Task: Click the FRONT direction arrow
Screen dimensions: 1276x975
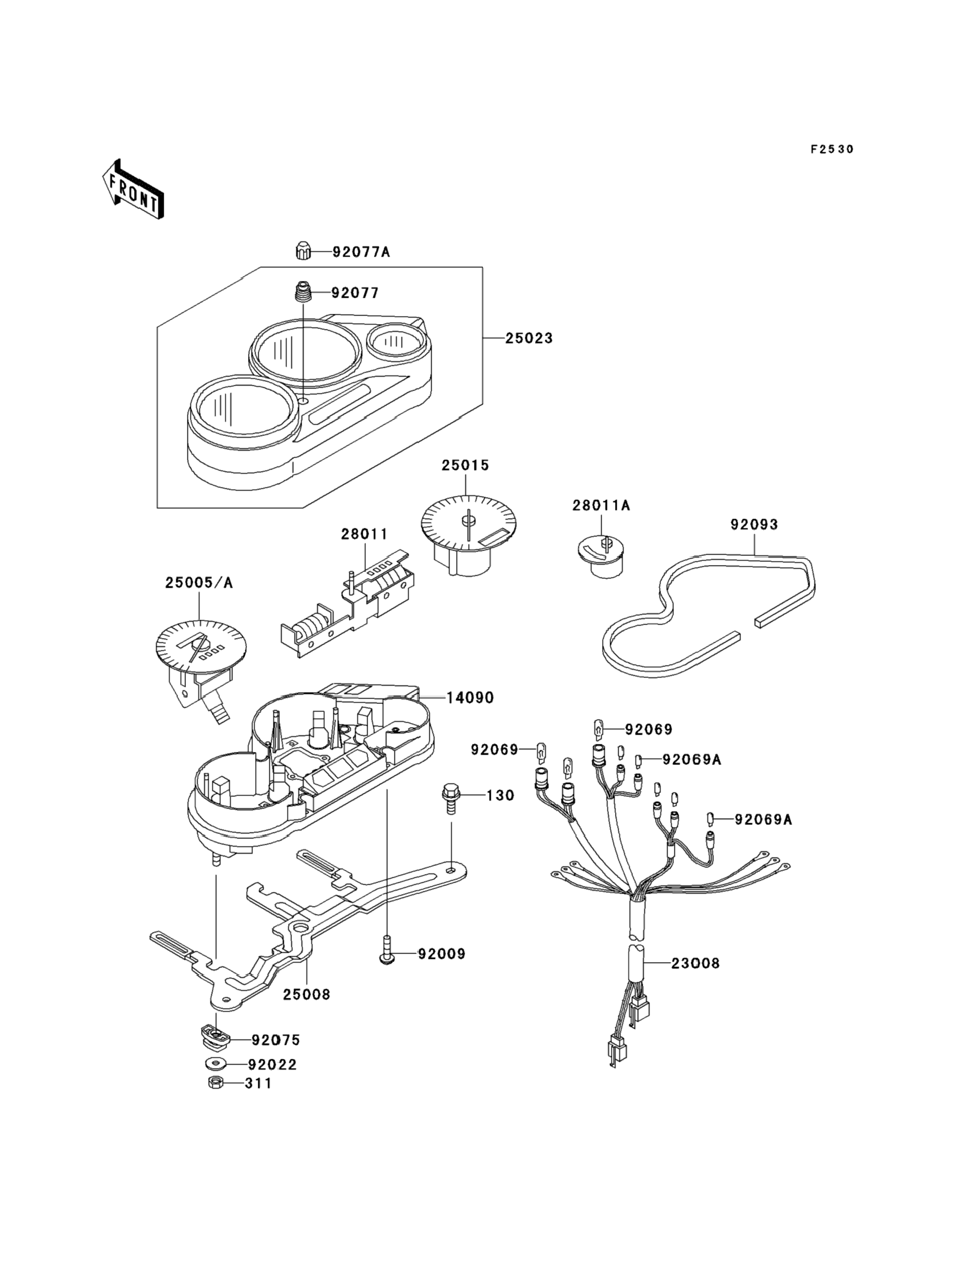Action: click(x=132, y=189)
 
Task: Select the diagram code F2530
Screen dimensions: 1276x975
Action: click(x=832, y=150)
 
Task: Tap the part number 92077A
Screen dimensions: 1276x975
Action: click(x=361, y=252)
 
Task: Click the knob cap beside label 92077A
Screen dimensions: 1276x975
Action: click(x=301, y=252)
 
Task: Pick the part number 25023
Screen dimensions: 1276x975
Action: click(x=529, y=338)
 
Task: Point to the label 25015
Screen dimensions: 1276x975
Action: click(x=465, y=465)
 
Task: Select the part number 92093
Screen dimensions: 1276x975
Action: click(x=754, y=525)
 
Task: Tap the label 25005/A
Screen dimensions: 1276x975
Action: click(x=198, y=583)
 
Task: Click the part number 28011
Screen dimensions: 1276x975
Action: click(x=364, y=534)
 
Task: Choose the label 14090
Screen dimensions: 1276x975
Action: click(x=470, y=698)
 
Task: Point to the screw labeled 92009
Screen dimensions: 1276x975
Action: click(x=386, y=955)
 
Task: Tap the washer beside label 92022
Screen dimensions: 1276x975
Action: click(x=216, y=1064)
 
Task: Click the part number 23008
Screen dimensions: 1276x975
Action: click(x=695, y=963)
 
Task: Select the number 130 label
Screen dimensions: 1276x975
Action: click(x=500, y=795)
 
